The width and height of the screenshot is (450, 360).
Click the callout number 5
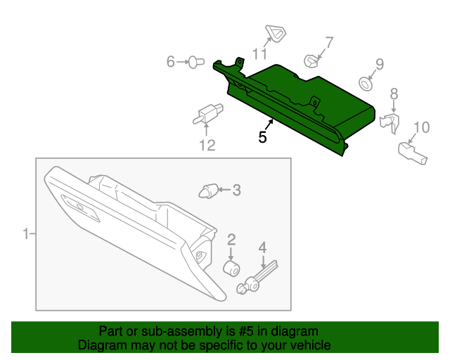pyautogui.click(x=262, y=138)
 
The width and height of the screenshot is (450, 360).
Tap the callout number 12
pyautogui.click(x=206, y=146)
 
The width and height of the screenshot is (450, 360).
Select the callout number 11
pyautogui.click(x=260, y=53)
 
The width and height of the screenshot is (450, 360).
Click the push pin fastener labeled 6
pyautogui.click(x=196, y=63)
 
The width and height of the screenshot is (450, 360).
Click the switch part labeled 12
pyautogui.click(x=209, y=112)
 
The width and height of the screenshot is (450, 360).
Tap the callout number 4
pyautogui.click(x=262, y=247)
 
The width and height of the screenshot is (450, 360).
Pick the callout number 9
pyautogui.click(x=379, y=65)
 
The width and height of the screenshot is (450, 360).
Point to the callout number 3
pyautogui.click(x=236, y=189)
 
